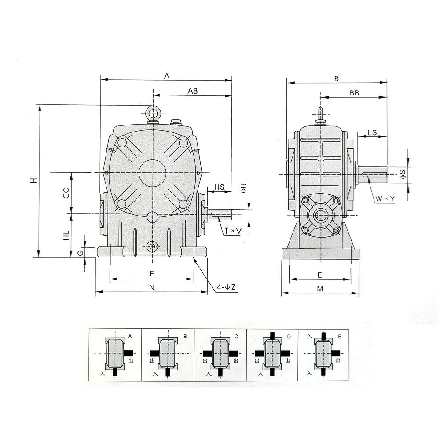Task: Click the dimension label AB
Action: (x=193, y=91)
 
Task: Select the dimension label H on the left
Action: (x=34, y=180)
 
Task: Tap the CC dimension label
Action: (x=66, y=193)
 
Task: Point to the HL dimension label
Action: (x=66, y=236)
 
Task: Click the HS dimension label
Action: (x=219, y=187)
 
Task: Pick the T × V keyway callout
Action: (x=233, y=231)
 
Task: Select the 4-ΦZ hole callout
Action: (x=226, y=287)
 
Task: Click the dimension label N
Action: (x=152, y=287)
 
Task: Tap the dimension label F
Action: (x=152, y=274)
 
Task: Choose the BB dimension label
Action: (x=354, y=93)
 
